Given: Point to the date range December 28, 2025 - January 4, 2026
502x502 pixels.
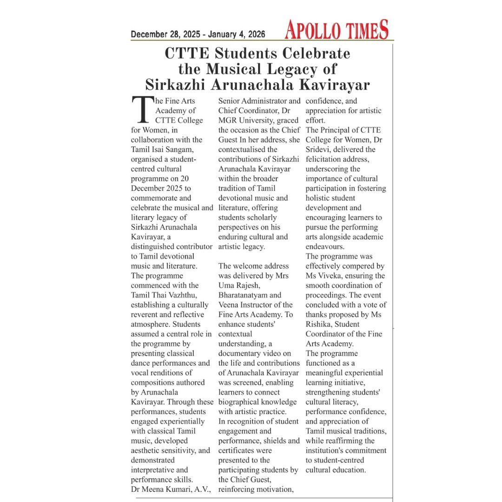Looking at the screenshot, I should (x=198, y=34).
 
